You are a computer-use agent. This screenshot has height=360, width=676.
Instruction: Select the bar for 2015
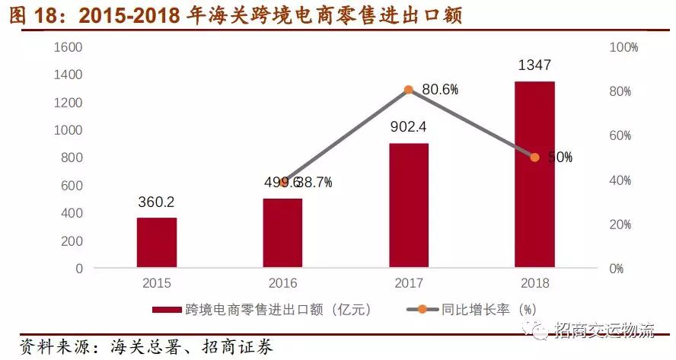point(157,243)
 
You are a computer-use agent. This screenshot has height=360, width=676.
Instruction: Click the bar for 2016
point(282,233)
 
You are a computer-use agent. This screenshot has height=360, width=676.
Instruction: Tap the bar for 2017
point(409,205)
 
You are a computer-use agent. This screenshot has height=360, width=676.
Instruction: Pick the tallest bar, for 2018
point(534,174)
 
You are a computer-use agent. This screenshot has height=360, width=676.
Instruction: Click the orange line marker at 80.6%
point(409,90)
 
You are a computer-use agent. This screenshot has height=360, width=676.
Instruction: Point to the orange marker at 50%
point(534,158)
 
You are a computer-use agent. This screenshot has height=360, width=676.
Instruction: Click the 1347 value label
point(534,65)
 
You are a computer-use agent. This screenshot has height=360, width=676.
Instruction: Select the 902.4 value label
point(409,127)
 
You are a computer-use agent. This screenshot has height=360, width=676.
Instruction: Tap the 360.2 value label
point(157,202)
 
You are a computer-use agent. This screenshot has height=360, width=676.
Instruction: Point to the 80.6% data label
point(440,90)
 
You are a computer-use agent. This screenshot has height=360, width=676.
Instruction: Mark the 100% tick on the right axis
point(624,47)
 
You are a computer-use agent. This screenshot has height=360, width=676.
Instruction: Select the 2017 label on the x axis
point(409,284)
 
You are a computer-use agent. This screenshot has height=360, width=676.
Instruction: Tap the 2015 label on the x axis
point(157,284)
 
